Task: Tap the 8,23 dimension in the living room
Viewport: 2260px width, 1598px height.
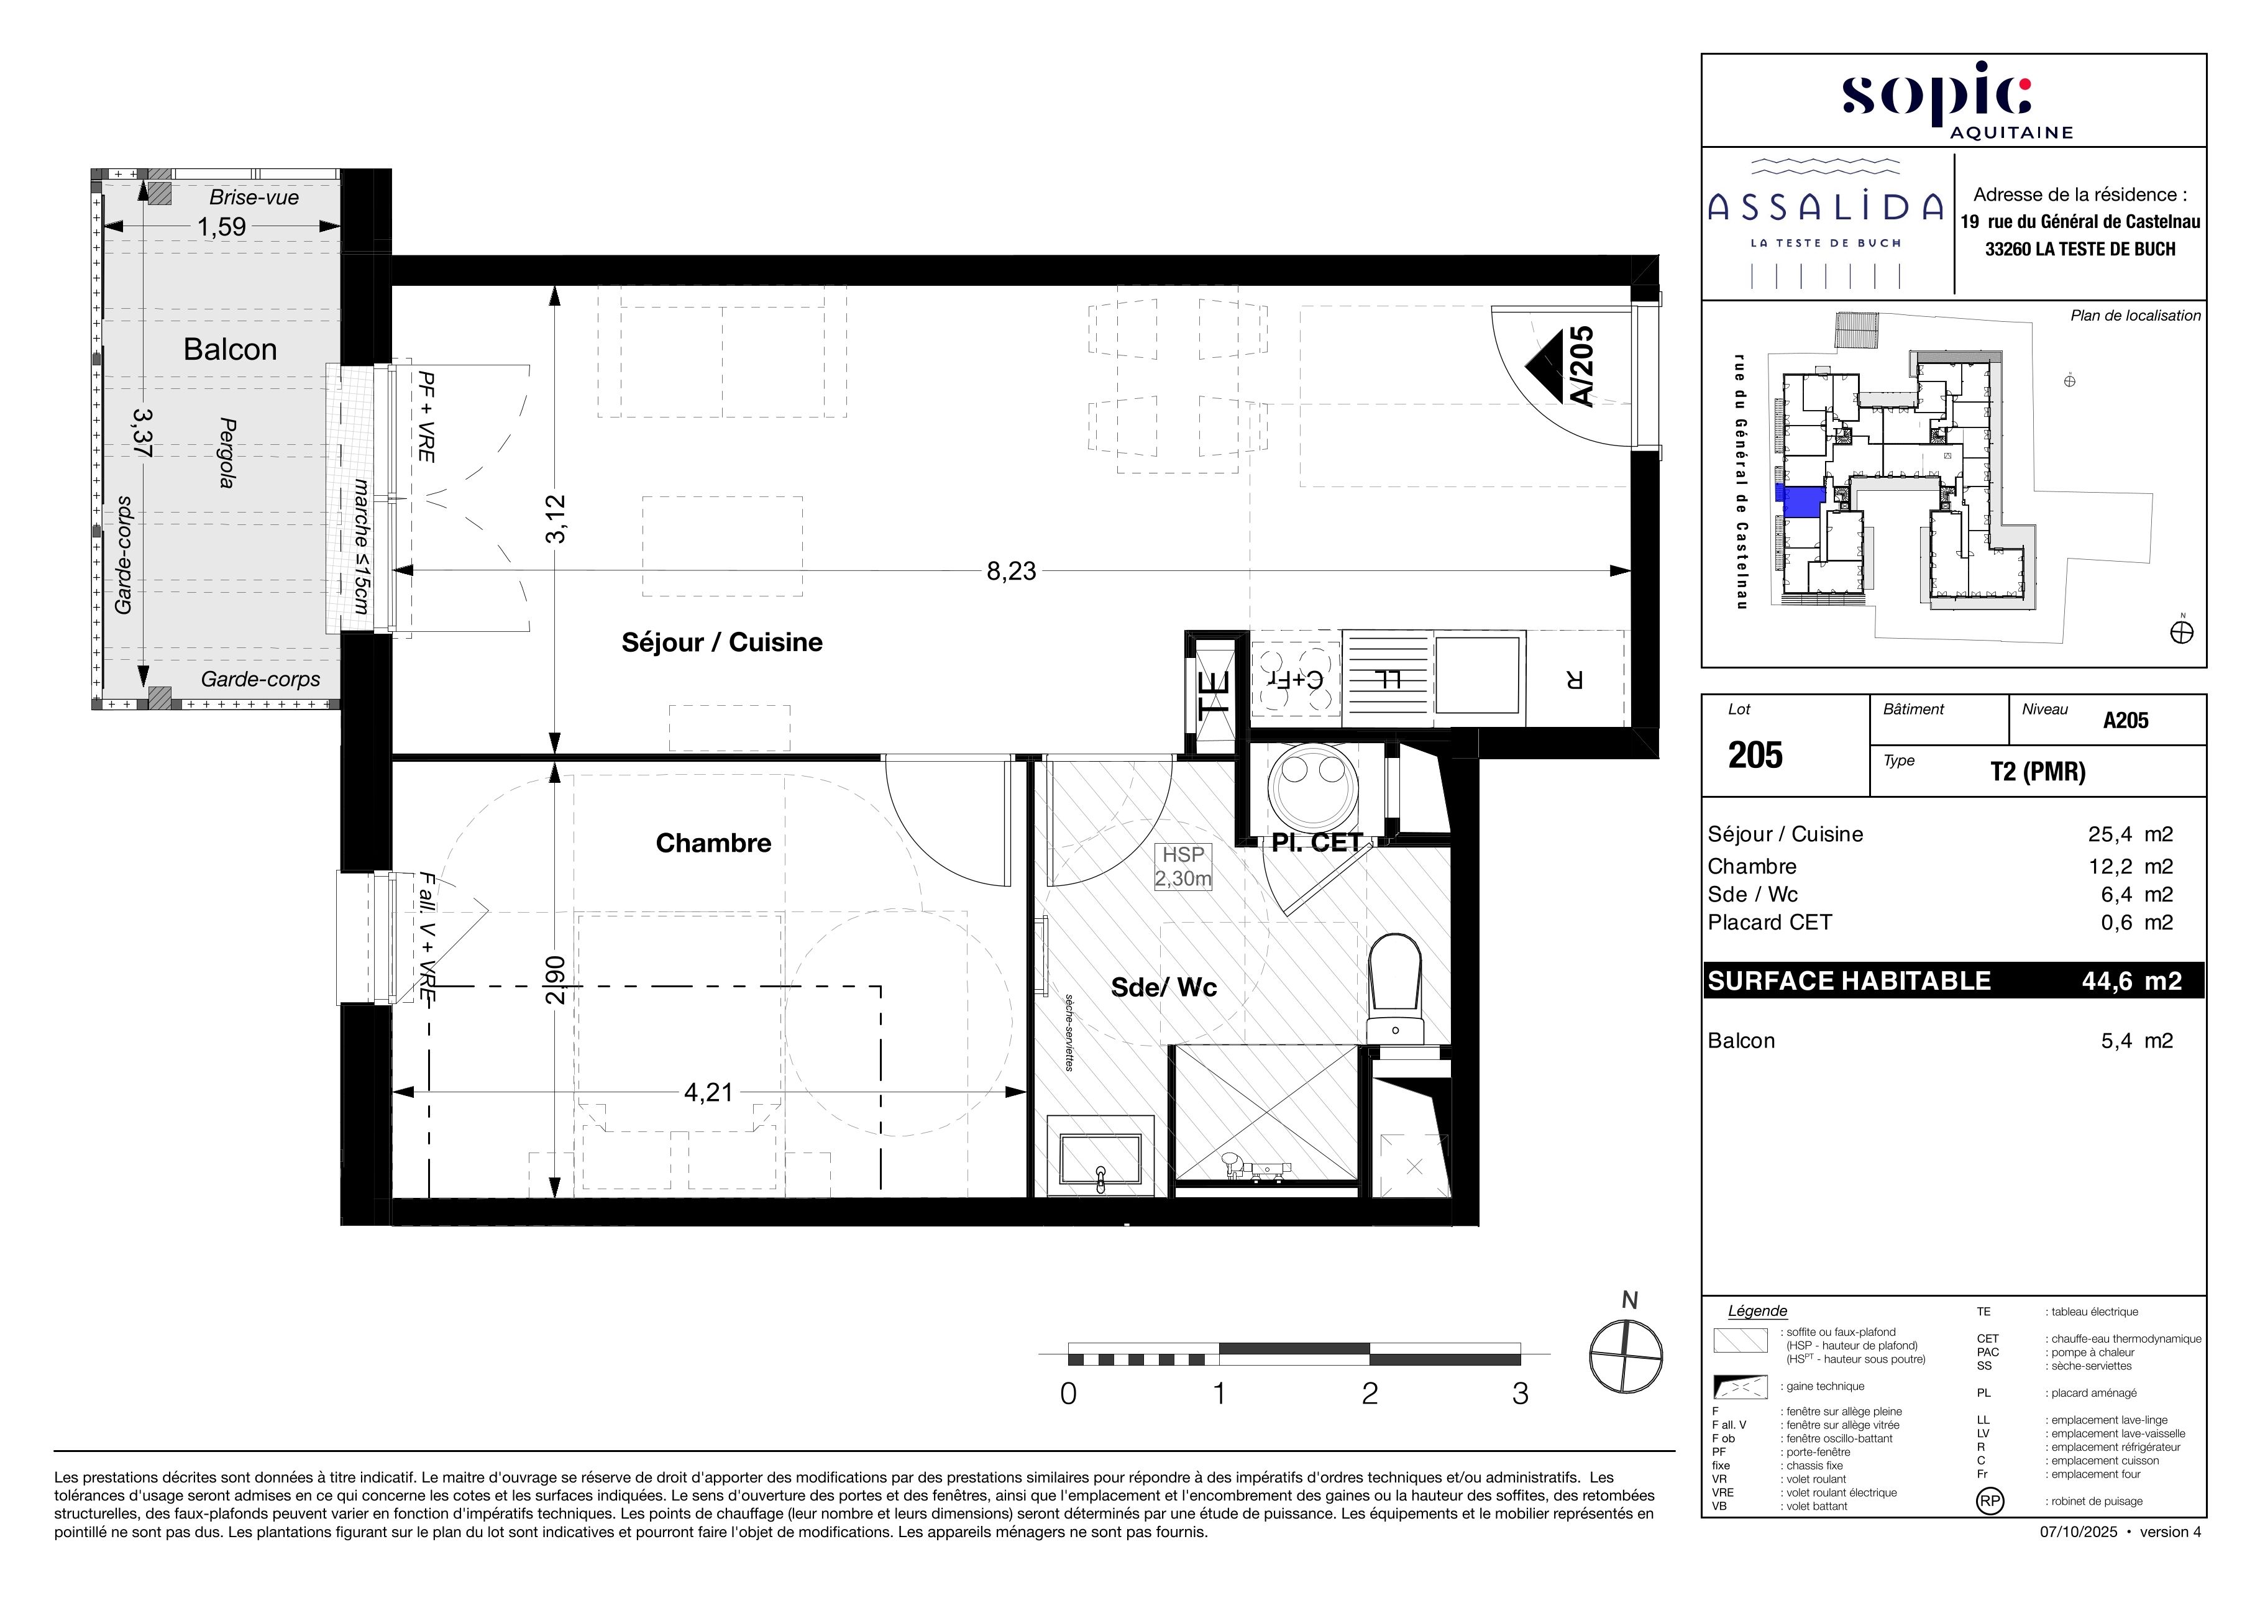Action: coord(1011,571)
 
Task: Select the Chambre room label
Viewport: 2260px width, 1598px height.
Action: coord(713,842)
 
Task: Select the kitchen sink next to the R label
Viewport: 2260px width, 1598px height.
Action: coord(1478,674)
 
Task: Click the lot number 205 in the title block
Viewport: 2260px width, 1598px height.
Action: coord(1756,755)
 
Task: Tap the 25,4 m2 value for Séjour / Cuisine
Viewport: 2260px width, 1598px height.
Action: coord(2130,834)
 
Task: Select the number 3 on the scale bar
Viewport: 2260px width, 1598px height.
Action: coord(1520,1394)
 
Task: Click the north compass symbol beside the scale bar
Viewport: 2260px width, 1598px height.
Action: coord(1626,1355)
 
